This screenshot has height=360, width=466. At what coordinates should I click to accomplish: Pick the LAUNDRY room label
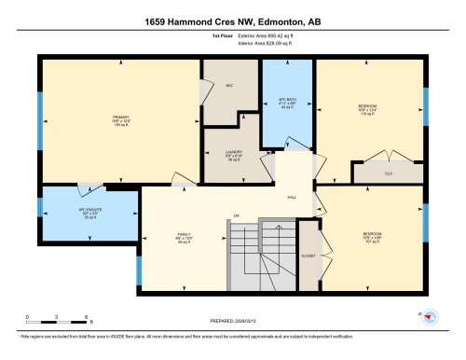click(234, 153)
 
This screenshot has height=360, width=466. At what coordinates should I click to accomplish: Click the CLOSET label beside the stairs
click(308, 255)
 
